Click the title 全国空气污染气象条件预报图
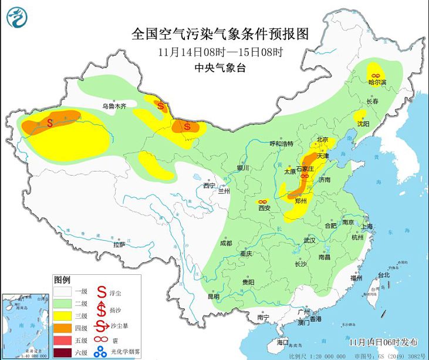tap(220, 32)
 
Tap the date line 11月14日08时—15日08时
tap(220, 52)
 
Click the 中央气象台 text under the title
tap(220, 68)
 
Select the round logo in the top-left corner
tap(18, 16)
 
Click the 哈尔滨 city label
tap(377, 83)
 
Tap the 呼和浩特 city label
tap(281, 144)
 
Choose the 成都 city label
tap(226, 243)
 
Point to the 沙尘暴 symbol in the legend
tap(102, 328)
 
